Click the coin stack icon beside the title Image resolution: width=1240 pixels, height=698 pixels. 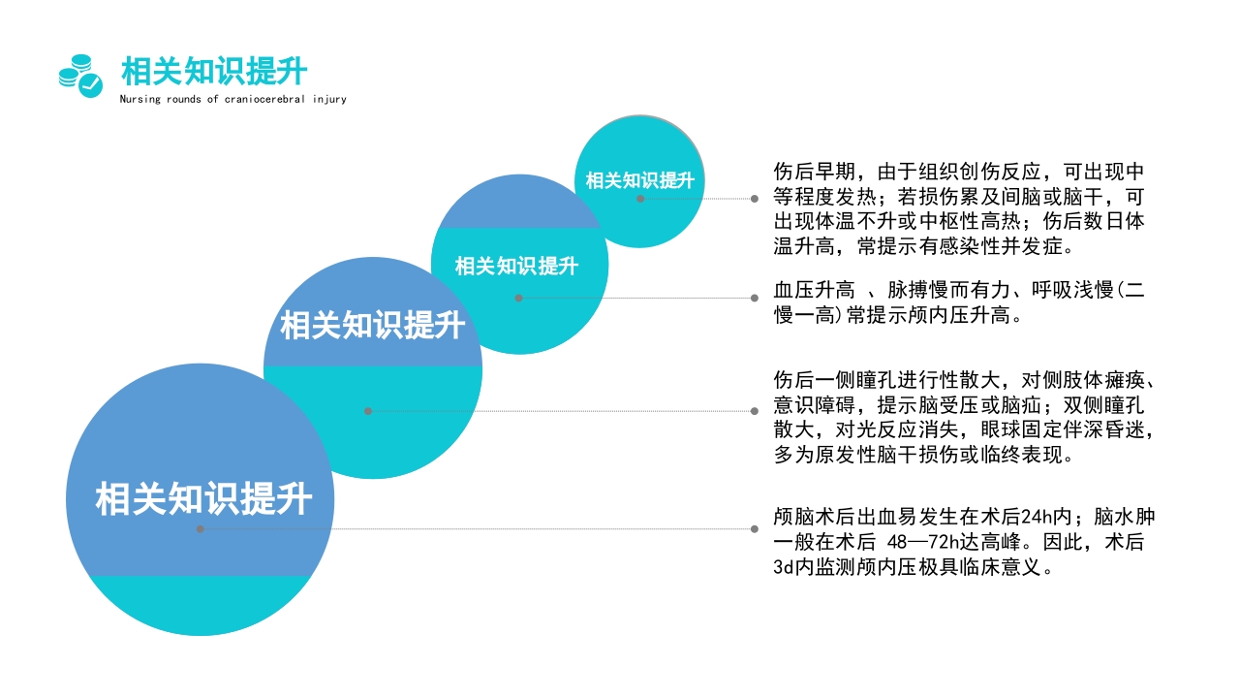(80, 75)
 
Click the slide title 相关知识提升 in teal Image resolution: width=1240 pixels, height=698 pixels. (214, 72)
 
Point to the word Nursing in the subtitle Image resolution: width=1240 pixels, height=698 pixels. (140, 99)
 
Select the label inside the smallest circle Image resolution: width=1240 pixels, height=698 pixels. (639, 180)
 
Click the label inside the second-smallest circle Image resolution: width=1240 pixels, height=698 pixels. (516, 266)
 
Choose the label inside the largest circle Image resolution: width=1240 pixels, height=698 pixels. (203, 499)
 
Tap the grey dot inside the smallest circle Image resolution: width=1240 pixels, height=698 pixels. (640, 199)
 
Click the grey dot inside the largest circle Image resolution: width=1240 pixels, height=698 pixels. (201, 529)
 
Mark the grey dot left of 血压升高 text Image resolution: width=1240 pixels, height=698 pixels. (755, 298)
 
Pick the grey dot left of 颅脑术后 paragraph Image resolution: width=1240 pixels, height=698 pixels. (755, 529)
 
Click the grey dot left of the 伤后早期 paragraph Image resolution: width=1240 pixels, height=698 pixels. (755, 199)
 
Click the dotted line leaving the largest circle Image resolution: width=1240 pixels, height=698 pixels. (484, 529)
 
